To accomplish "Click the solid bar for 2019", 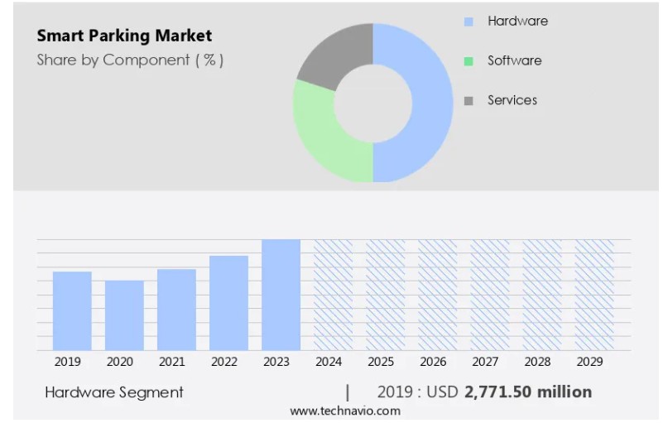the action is [72, 311].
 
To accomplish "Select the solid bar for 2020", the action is [124, 315].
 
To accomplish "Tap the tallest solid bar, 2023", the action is [281, 295].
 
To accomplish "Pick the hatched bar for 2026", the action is [438, 295].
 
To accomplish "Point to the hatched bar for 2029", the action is [594, 295].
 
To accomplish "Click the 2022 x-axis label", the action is [224, 362].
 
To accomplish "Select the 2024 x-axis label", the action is [329, 362].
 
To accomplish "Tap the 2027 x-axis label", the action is [485, 362].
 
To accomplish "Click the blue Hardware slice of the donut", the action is [430, 103].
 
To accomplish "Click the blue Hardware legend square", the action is [469, 22].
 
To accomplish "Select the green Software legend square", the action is [469, 61].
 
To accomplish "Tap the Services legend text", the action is [512, 100].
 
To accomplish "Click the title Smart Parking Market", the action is [124, 36].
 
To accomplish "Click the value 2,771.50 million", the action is [528, 392].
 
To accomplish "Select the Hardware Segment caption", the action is [113, 392].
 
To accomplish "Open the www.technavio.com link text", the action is [345, 411].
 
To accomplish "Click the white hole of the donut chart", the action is [373, 103].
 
